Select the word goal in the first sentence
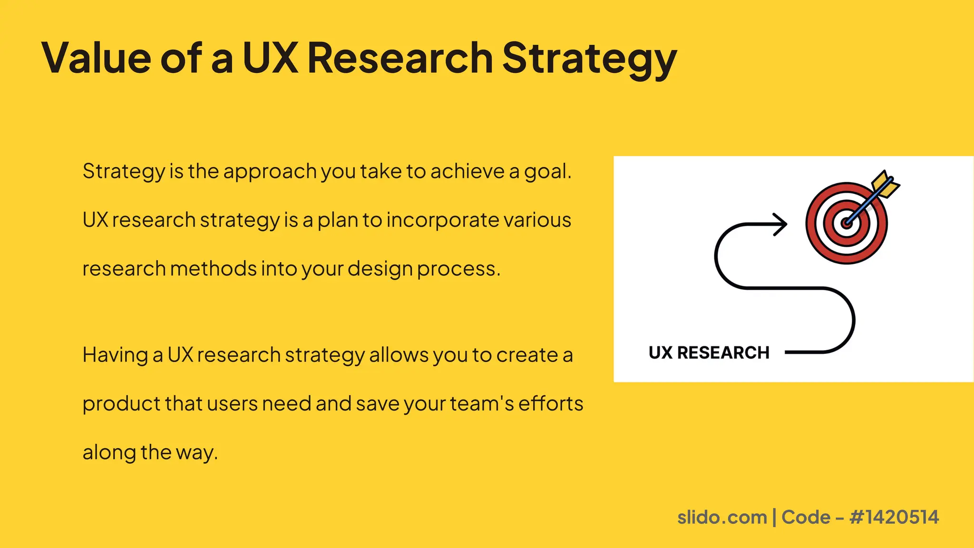click(x=547, y=171)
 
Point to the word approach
click(x=270, y=171)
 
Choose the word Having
click(x=115, y=355)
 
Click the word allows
click(x=399, y=355)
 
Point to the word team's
click(x=482, y=404)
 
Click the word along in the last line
click(x=109, y=452)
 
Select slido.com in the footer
click(x=722, y=517)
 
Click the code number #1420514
click(x=894, y=517)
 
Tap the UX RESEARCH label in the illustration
click(x=709, y=353)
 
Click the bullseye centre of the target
click(x=846, y=223)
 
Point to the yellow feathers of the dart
click(x=885, y=185)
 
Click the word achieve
click(x=467, y=171)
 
